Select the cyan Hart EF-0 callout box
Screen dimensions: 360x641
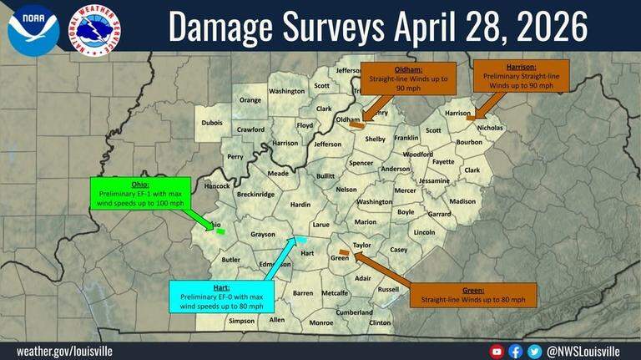(220, 297)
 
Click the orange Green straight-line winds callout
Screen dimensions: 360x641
(473, 294)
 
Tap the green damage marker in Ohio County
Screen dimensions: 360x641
(220, 230)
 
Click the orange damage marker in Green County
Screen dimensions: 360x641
(343, 251)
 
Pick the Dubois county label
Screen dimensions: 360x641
(212, 123)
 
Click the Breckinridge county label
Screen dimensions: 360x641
(255, 194)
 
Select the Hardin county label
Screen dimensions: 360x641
(300, 204)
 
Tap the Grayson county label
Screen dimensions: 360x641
(263, 235)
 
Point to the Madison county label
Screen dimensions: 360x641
(462, 201)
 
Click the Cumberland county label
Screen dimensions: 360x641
(355, 312)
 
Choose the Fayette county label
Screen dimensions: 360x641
(443, 161)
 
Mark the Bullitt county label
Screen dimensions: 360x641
(326, 176)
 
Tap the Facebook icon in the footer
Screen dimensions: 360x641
(515, 352)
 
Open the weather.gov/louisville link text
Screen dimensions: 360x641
(64, 352)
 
